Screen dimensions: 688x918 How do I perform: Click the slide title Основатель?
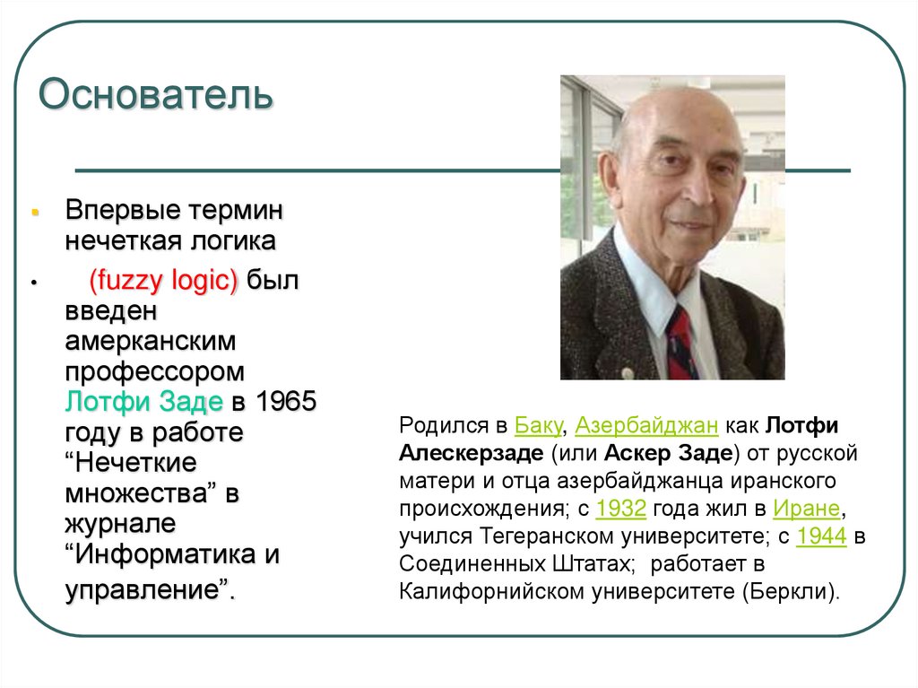click(x=155, y=95)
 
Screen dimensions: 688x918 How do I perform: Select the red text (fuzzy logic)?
click(x=163, y=281)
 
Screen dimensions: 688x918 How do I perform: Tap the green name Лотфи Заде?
click(x=144, y=401)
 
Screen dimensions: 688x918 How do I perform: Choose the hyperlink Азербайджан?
click(x=646, y=425)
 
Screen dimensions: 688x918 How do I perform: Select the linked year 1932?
click(x=620, y=509)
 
